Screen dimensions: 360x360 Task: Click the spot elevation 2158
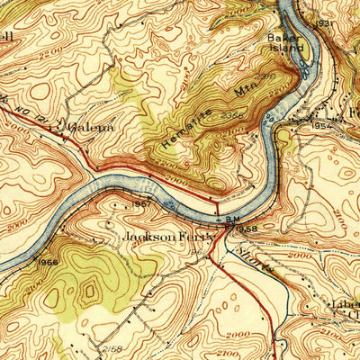click(x=112, y=346)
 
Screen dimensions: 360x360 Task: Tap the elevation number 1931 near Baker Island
click(x=324, y=22)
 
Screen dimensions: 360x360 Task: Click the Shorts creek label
click(x=253, y=253)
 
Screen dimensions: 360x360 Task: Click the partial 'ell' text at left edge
click(x=7, y=37)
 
